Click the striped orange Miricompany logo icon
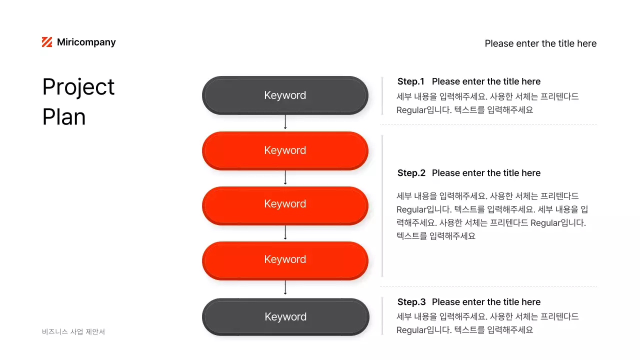click(47, 42)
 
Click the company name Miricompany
click(86, 42)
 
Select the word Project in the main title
click(78, 87)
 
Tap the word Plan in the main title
click(64, 117)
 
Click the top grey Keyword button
click(285, 95)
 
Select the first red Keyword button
click(285, 150)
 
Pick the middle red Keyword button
click(285, 204)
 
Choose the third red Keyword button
click(285, 259)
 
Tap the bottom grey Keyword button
click(285, 317)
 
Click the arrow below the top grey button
click(285, 122)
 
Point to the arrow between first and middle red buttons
click(285, 177)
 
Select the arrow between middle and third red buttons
click(285, 232)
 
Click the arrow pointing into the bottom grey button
click(285, 288)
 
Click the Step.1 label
click(410, 81)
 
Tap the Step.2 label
click(411, 173)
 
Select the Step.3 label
click(411, 302)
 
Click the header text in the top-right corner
click(540, 43)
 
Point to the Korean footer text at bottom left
click(73, 331)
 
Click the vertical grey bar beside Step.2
click(382, 205)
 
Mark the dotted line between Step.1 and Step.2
click(488, 124)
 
